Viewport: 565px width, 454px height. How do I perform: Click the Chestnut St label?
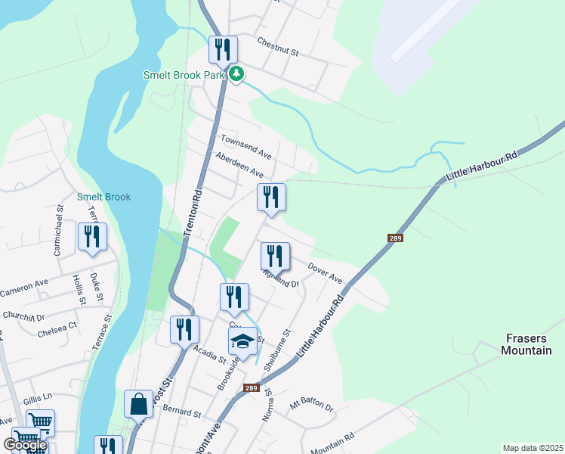click(x=278, y=47)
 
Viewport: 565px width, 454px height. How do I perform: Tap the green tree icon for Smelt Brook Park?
click(x=237, y=74)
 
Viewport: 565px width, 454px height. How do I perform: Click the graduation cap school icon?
click(x=242, y=342)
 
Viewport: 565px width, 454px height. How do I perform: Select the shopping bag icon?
click(x=140, y=404)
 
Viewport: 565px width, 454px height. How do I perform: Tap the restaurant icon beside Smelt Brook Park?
click(x=223, y=50)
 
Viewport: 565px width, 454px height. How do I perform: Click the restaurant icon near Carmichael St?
click(x=92, y=236)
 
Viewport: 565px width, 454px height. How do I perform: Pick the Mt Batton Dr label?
click(x=310, y=406)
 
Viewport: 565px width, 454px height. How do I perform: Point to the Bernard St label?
click(x=182, y=414)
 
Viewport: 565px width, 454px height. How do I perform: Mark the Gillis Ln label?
click(x=36, y=396)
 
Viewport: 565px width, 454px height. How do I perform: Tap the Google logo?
click(x=25, y=445)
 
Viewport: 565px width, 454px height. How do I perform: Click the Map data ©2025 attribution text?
click(x=533, y=448)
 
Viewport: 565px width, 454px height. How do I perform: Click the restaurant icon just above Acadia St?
click(x=184, y=329)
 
